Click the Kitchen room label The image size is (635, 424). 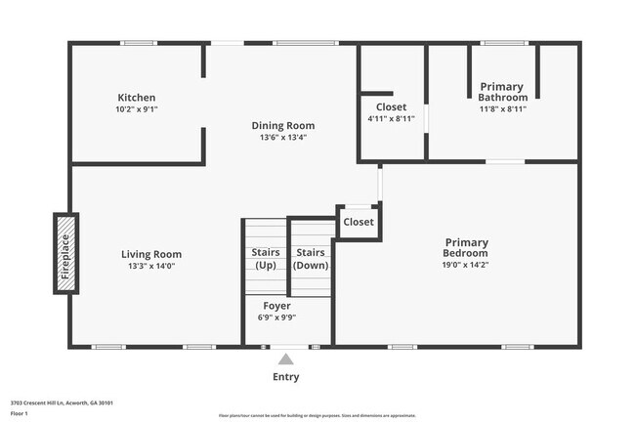pos(137,98)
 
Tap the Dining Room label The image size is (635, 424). pos(283,125)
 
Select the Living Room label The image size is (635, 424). pos(151,254)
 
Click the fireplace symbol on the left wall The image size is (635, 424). pos(65,254)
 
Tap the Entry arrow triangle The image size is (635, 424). pos(285,360)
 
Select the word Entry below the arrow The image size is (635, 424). pos(285,377)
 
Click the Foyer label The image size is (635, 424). pos(277,306)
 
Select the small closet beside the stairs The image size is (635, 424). pos(359,222)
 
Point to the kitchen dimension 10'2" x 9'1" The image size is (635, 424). pos(137,109)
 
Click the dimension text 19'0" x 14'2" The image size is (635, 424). pos(466,264)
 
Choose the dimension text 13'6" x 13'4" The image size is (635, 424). pos(283,137)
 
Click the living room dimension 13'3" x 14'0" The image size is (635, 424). pos(151,266)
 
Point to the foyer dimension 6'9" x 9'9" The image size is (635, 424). pos(277,318)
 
